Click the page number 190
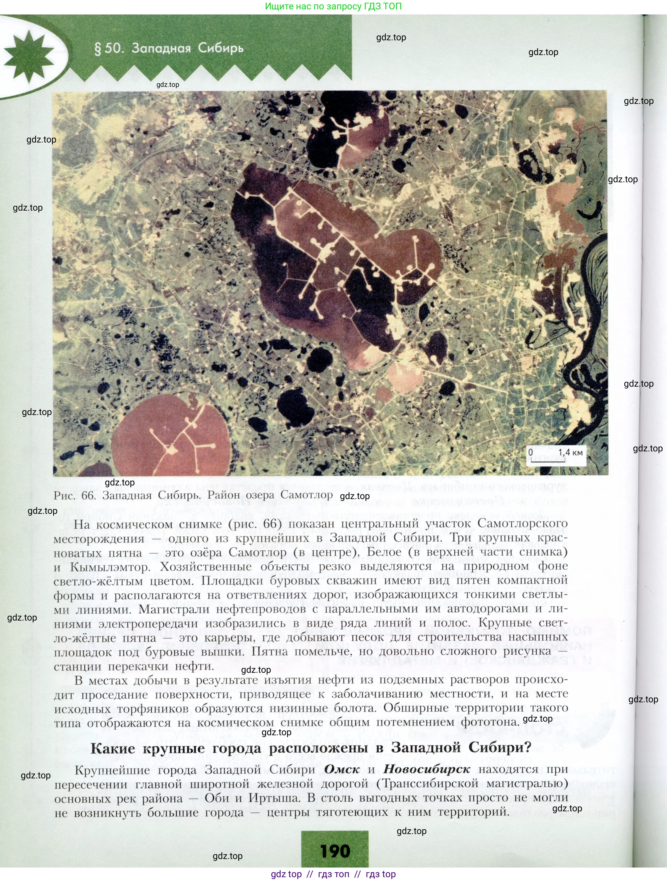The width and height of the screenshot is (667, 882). [x=335, y=851]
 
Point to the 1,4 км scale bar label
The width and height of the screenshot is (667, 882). [x=570, y=452]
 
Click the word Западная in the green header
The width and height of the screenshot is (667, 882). [x=161, y=48]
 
